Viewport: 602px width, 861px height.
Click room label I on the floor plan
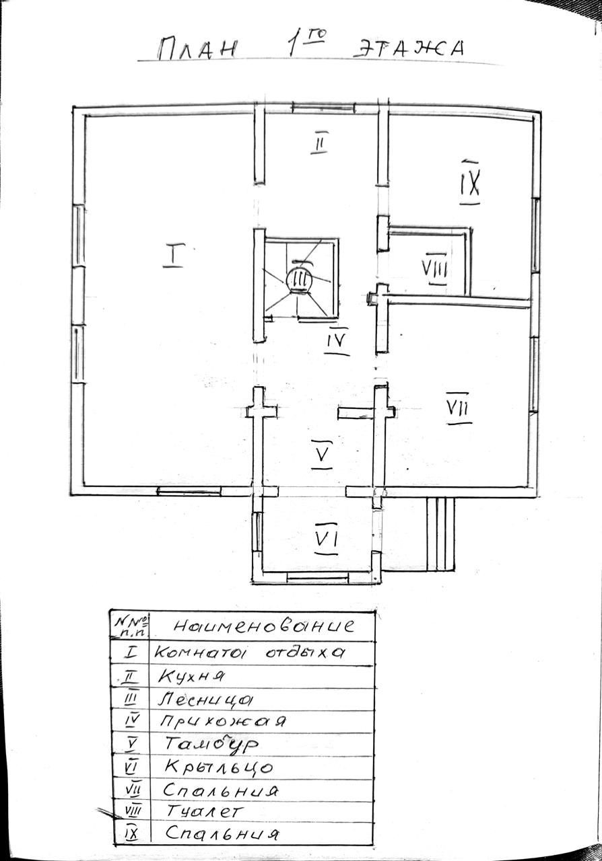pos(173,256)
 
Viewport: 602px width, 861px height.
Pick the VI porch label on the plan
pos(326,537)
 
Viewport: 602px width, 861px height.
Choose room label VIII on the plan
pos(436,269)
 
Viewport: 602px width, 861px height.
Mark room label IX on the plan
pos(469,180)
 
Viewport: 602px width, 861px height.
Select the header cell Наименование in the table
pos(263,626)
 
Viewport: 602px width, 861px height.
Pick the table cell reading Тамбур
pos(212,744)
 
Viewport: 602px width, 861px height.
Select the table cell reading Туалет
pos(202,812)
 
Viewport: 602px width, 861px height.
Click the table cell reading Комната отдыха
pos(250,652)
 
